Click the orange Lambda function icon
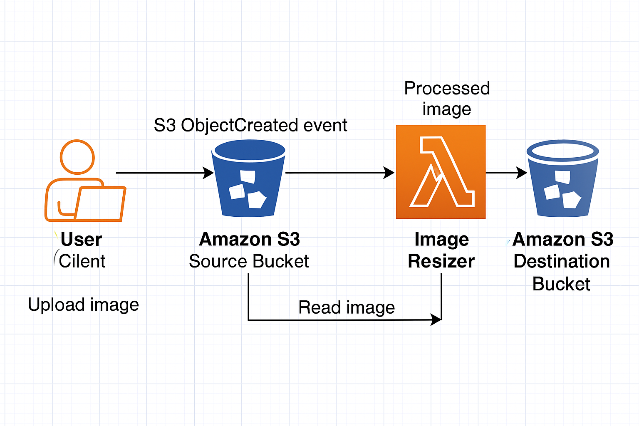tap(441, 171)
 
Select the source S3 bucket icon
tap(249, 179)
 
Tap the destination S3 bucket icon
tap(562, 179)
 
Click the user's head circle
tap(77, 157)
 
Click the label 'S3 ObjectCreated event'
tap(250, 125)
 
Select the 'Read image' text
tap(347, 308)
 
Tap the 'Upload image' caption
tap(83, 305)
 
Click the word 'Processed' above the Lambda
tap(447, 88)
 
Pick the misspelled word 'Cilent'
tap(82, 261)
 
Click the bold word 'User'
tap(81, 240)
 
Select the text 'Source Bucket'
tap(249, 261)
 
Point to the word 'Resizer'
tap(441, 261)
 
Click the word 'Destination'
tap(562, 261)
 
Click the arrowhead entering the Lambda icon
tap(389, 173)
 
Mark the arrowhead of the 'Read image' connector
tap(436, 320)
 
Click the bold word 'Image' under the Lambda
tap(441, 240)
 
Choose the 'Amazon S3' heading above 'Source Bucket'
tap(250, 240)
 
